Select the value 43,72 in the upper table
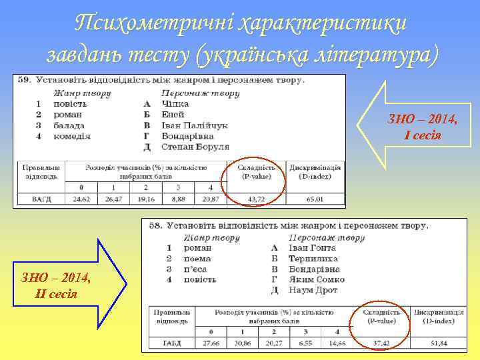pyautogui.click(x=256, y=199)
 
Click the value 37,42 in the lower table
pyautogui.click(x=382, y=342)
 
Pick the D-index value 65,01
pyautogui.click(x=315, y=199)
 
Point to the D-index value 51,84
pyautogui.click(x=439, y=342)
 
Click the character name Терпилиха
pyautogui.click(x=313, y=258)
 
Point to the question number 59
pyautogui.click(x=25, y=79)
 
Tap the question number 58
pyautogui.click(x=155, y=226)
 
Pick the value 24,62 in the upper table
pyautogui.click(x=81, y=199)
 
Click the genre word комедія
pyautogui.click(x=71, y=135)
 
